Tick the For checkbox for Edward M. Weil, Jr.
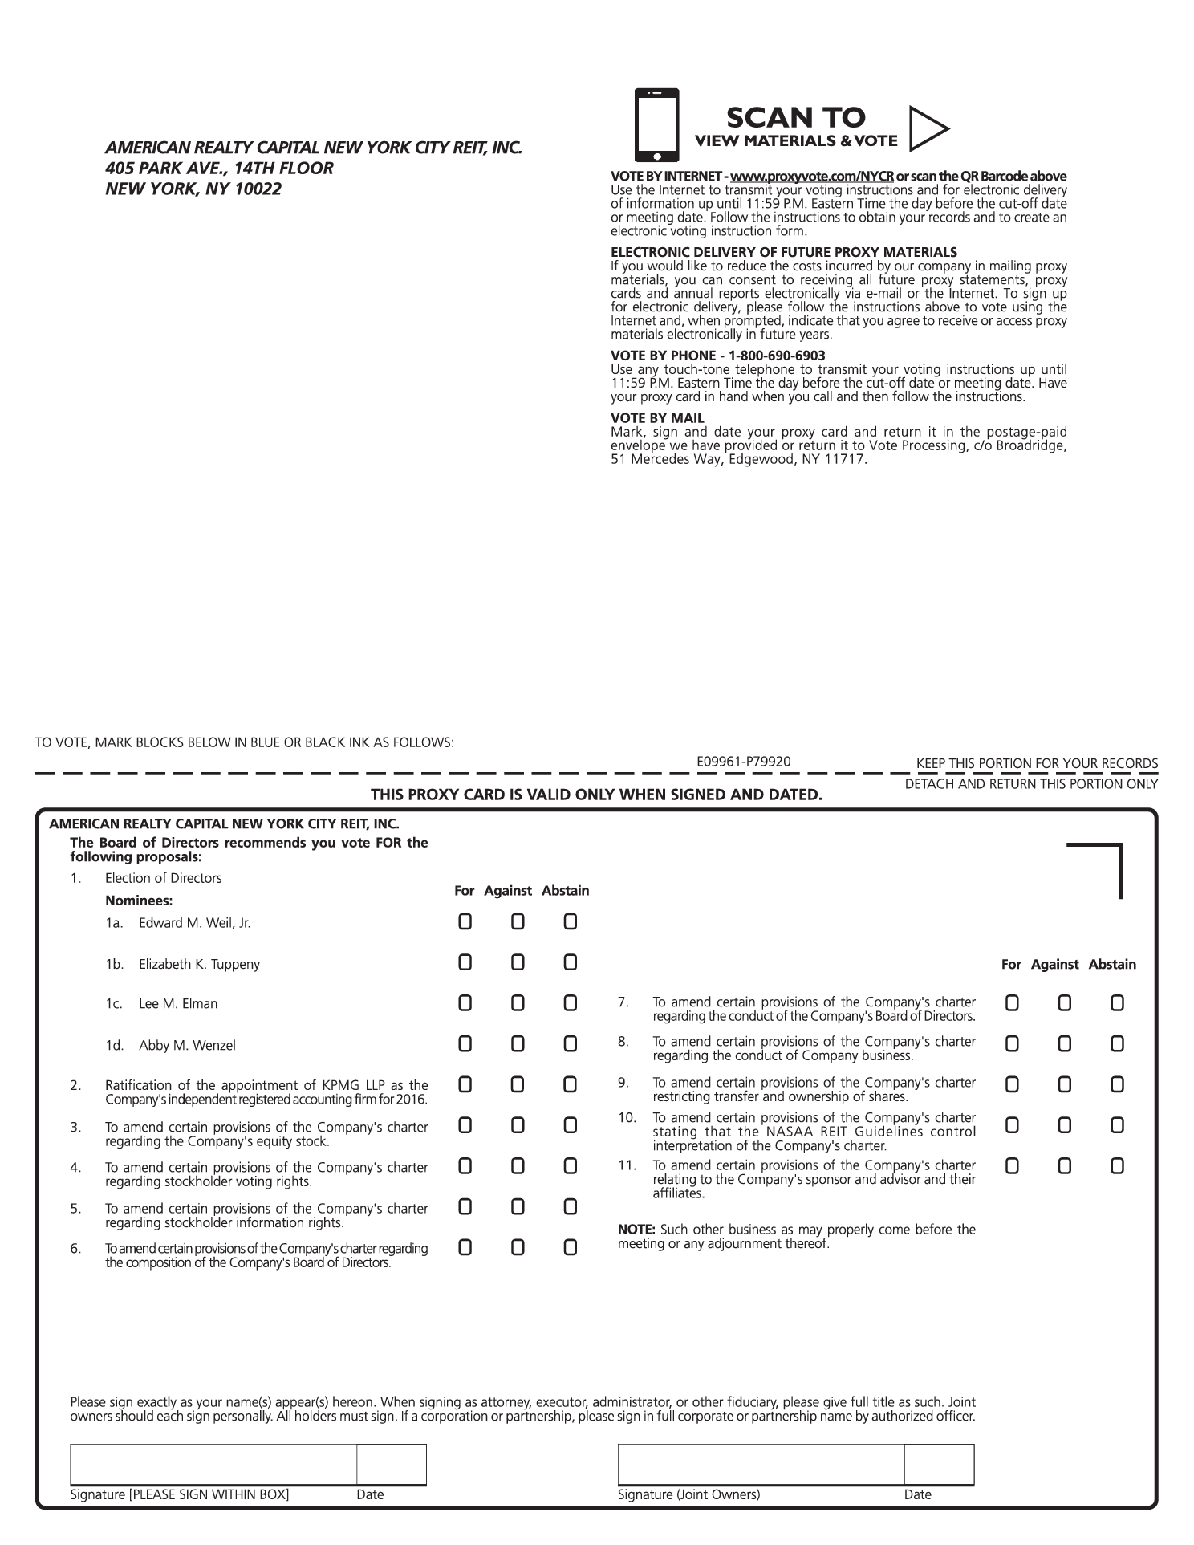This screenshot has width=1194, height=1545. click(465, 921)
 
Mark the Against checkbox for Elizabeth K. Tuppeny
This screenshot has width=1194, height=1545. click(518, 962)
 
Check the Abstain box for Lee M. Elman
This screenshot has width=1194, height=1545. click(570, 1002)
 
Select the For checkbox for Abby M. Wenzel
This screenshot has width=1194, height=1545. click(465, 1043)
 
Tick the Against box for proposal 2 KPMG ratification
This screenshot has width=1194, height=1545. click(518, 1084)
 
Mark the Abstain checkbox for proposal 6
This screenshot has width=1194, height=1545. click(570, 1247)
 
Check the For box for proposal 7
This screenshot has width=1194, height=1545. click(1012, 1002)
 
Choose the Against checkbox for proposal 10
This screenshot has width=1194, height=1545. click(1064, 1125)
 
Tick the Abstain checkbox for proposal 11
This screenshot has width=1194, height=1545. click(1117, 1165)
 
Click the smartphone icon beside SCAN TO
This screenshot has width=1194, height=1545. click(656, 124)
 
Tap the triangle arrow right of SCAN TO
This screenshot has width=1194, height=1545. click(928, 128)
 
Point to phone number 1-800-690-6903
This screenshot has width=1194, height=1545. click(777, 356)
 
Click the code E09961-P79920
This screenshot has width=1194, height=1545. click(744, 761)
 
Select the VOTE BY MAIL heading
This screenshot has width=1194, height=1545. click(657, 418)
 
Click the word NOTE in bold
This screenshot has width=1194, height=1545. click(636, 1230)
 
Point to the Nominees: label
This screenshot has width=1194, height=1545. click(139, 901)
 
